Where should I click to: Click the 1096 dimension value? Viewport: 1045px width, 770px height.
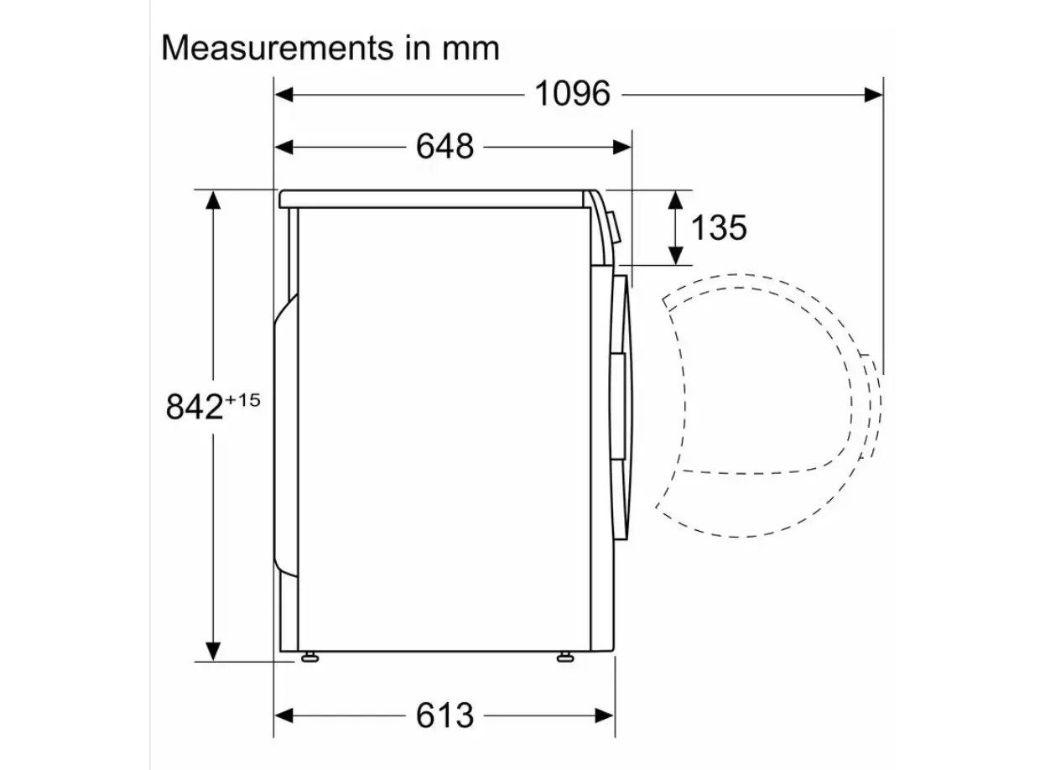[x=573, y=94]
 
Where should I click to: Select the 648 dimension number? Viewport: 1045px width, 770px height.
[x=445, y=147]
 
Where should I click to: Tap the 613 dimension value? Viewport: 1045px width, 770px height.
[x=445, y=715]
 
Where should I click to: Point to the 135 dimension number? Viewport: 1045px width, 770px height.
[x=719, y=228]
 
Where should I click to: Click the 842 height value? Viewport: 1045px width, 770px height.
[x=194, y=407]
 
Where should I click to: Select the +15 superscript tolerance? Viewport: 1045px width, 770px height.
[x=242, y=400]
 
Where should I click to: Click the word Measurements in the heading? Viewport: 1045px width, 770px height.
[x=277, y=48]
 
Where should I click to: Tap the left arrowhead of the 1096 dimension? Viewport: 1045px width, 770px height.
[x=284, y=95]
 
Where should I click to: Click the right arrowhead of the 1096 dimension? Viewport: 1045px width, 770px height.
[x=873, y=95]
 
